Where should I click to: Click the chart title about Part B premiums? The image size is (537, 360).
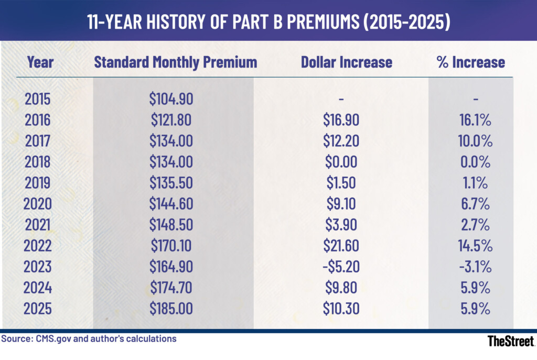point(268,20)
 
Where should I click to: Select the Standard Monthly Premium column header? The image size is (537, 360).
point(175,62)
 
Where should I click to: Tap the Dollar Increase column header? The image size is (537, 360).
point(346,62)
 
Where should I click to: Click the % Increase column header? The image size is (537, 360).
point(470,62)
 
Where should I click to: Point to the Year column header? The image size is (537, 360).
point(40,62)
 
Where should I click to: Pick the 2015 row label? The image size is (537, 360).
point(38,100)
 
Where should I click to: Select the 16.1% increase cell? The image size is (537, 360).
point(474,121)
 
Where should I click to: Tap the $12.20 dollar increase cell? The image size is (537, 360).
point(341,141)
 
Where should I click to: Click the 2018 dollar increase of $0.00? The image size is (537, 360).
point(341,162)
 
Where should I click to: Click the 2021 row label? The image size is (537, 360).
point(38,225)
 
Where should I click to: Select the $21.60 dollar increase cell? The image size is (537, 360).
point(341,246)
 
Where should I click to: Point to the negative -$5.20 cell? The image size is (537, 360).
point(341,267)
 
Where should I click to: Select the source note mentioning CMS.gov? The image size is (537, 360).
point(89,339)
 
